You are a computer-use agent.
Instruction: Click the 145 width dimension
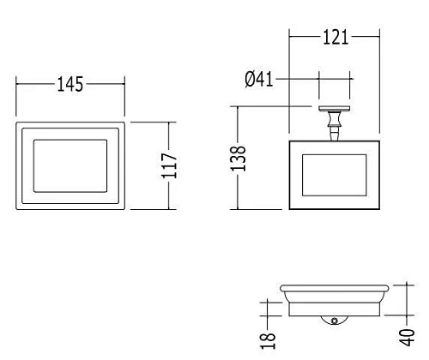70,84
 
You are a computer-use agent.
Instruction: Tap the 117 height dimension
169,165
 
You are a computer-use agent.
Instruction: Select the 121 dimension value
335,37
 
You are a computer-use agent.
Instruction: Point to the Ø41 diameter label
259,79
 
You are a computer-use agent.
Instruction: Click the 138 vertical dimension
238,159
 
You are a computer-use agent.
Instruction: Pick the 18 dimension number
268,340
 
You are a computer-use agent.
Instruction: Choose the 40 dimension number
407,338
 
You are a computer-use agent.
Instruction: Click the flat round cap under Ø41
335,109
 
